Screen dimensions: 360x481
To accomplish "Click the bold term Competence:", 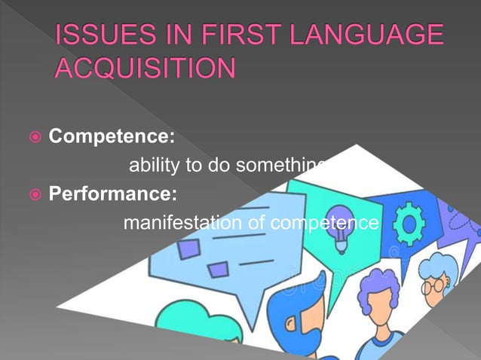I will [x=112, y=137].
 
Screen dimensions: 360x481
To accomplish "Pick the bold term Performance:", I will [x=113, y=194].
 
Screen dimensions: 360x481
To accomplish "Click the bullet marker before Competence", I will [x=32, y=138].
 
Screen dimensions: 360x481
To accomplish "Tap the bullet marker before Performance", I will [x=32, y=195].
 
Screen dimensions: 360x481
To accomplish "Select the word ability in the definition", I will [x=155, y=165].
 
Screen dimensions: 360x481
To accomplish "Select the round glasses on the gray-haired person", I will [x=434, y=286].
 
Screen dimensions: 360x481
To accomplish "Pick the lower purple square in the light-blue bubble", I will [x=218, y=270].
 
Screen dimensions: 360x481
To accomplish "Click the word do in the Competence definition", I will [x=219, y=165].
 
